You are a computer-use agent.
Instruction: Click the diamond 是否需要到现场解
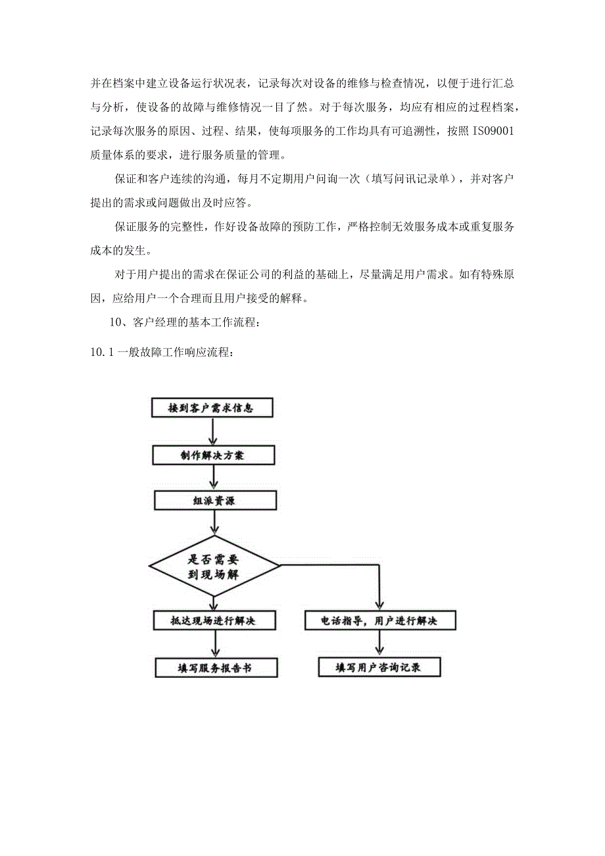pos(215,565)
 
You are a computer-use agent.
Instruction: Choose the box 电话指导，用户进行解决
pos(379,620)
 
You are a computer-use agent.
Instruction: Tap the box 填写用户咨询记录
pos(379,668)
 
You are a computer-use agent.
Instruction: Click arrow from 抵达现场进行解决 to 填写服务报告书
pos(213,643)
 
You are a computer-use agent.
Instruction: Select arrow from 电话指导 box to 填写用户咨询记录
pos(379,643)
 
